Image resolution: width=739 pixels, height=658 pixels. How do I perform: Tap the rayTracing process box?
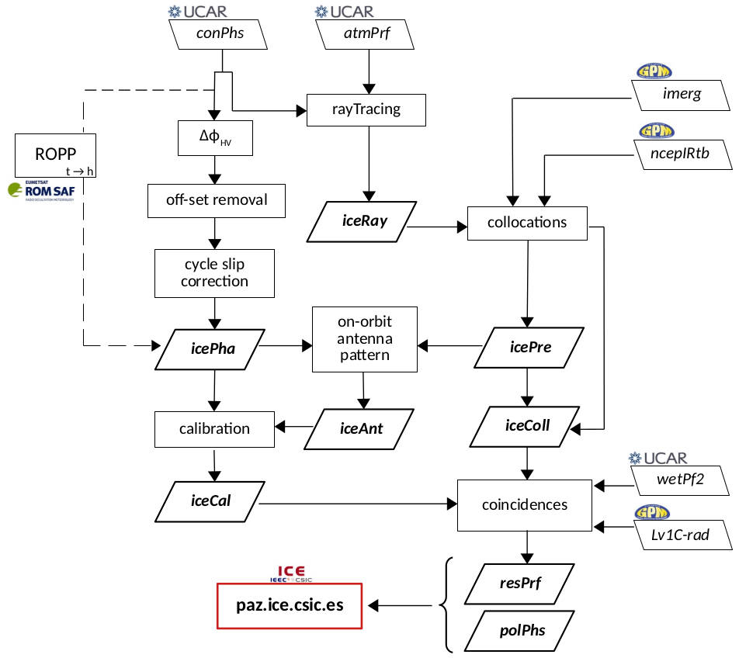pos(366,109)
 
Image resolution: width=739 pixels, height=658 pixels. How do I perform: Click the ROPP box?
pos(55,154)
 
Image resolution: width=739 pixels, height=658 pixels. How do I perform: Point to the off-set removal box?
pos(217,200)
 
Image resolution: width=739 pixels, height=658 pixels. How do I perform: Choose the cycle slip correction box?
pos(215,273)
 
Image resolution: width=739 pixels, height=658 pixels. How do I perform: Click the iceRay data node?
pos(364,222)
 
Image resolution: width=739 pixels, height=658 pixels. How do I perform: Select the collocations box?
pos(527,223)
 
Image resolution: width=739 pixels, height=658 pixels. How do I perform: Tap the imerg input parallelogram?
pos(682,95)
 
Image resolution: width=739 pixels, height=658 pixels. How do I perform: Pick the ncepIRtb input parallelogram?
pos(682,153)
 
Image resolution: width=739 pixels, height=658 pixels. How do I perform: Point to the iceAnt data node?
pos(363,427)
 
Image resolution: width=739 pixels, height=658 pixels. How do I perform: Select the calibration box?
pos(215,429)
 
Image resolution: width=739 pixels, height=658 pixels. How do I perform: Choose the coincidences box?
pos(525,505)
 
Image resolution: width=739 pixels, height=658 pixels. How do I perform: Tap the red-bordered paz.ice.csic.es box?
pos(290,604)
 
